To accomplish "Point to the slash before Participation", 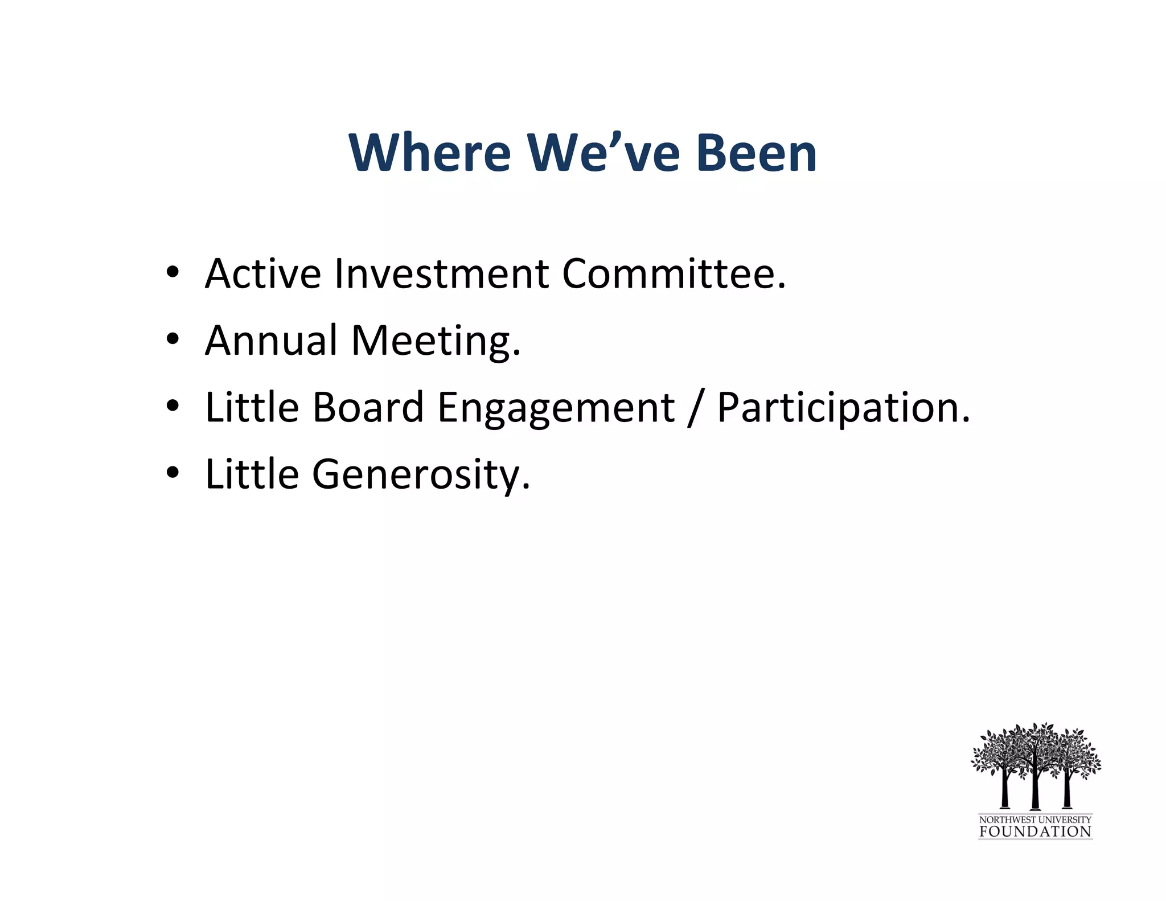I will click(x=695, y=409).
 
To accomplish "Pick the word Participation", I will click(x=843, y=409).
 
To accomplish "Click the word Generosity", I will click(x=421, y=474).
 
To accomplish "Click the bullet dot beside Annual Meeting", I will click(x=173, y=340).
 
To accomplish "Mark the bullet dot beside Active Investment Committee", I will click(x=173, y=273).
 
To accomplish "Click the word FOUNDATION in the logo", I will click(x=1034, y=832).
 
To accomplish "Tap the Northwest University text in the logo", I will click(x=1034, y=819).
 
